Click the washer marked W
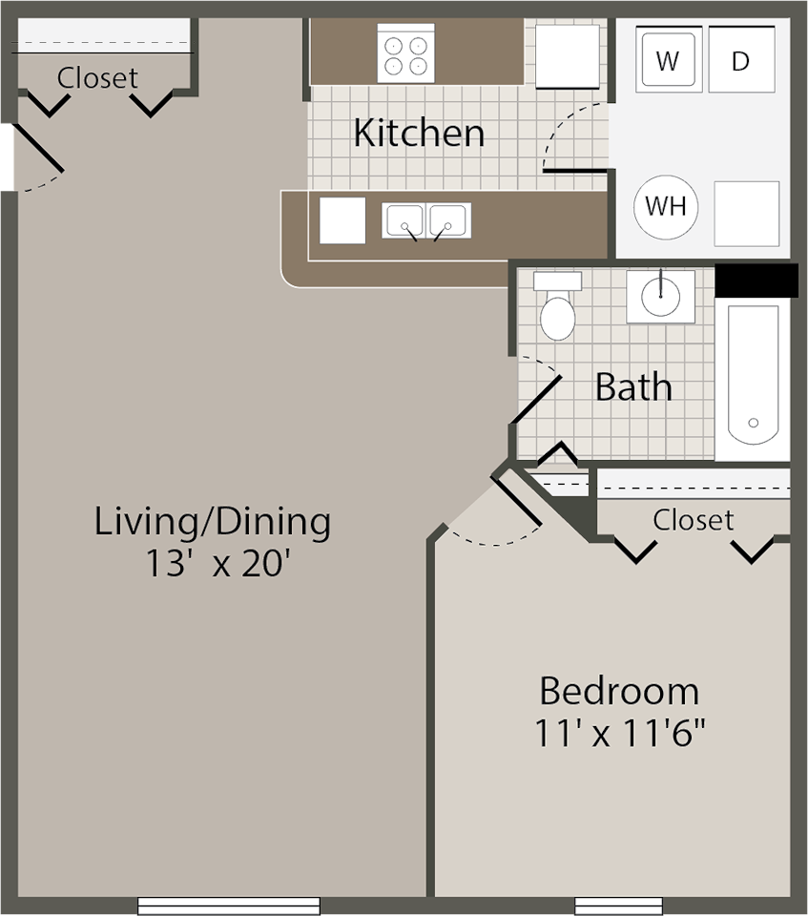click(x=669, y=61)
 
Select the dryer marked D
click(x=741, y=61)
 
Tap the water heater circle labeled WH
click(x=666, y=206)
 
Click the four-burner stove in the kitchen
click(x=405, y=53)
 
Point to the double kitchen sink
click(x=425, y=220)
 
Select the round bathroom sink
click(x=659, y=297)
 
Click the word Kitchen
click(x=419, y=133)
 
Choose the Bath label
click(x=633, y=387)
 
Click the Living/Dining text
click(x=213, y=522)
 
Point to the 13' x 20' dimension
click(x=218, y=563)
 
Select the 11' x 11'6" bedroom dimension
click(x=620, y=734)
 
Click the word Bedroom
click(x=619, y=690)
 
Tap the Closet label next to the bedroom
click(x=694, y=520)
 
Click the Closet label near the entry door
click(x=97, y=77)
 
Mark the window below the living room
click(x=229, y=906)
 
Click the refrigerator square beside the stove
click(x=567, y=56)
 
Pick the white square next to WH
click(x=746, y=214)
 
